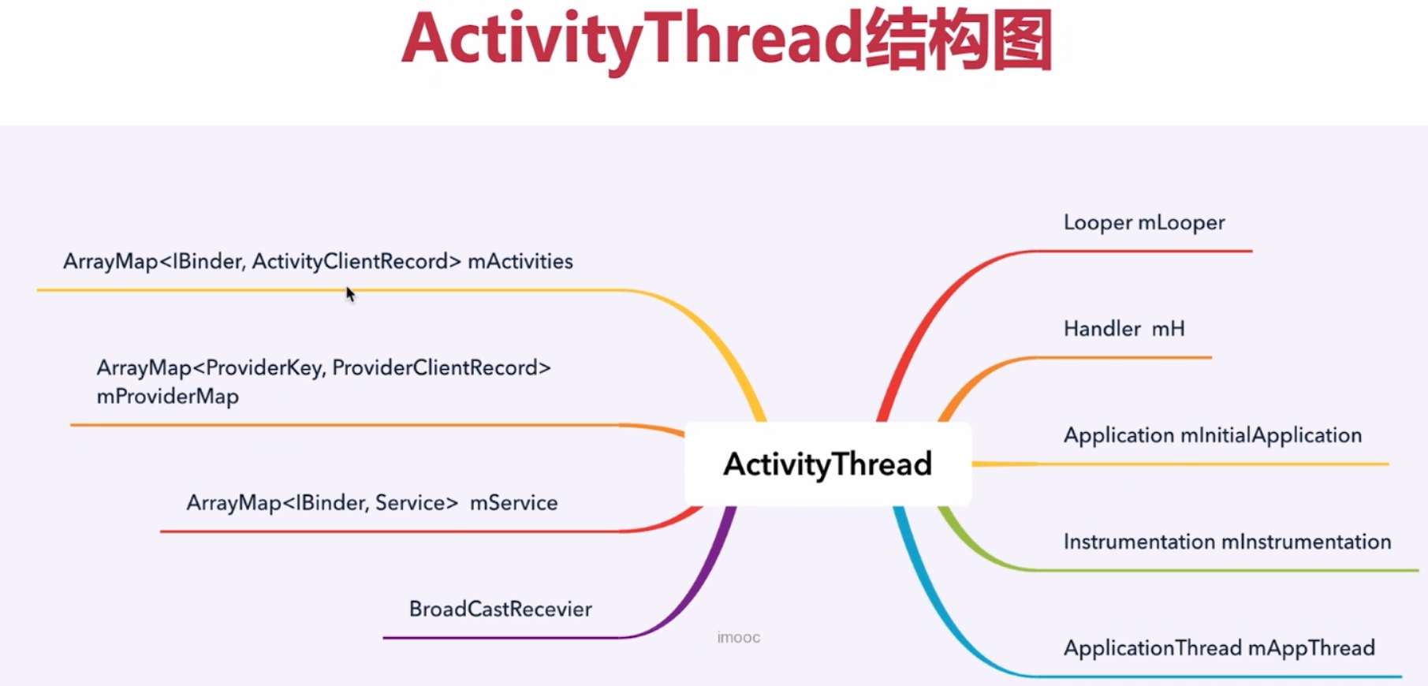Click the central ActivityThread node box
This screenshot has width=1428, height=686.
pyautogui.click(x=827, y=464)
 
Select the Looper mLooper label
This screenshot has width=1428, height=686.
pyautogui.click(x=1143, y=222)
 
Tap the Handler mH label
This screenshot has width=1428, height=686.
pyautogui.click(x=1124, y=328)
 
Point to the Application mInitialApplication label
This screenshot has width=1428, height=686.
pyautogui.click(x=1212, y=435)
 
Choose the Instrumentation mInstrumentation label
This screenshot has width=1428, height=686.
pyautogui.click(x=1227, y=542)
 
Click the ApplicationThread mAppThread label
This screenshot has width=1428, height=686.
pyautogui.click(x=1218, y=648)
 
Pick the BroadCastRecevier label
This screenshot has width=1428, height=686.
pyautogui.click(x=500, y=609)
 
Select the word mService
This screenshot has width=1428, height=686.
pyautogui.click(x=513, y=503)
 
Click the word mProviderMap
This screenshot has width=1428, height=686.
pyautogui.click(x=167, y=396)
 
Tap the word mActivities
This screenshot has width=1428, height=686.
pyautogui.click(x=520, y=261)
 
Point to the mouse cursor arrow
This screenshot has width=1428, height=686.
pyautogui.click(x=350, y=294)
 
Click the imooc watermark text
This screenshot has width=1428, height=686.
pyautogui.click(x=738, y=637)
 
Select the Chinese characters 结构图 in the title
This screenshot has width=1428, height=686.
pyautogui.click(x=958, y=39)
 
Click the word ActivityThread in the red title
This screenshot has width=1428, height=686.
pyautogui.click(x=631, y=39)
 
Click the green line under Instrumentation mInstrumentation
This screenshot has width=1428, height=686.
pyautogui.click(x=1222, y=569)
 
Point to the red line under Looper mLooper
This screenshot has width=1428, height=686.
pyautogui.click(x=1143, y=251)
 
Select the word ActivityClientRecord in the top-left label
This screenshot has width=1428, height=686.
pyautogui.click(x=356, y=261)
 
